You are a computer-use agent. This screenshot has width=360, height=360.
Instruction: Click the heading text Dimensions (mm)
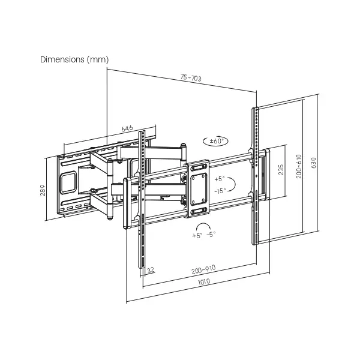74,59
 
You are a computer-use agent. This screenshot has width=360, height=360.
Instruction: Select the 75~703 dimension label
191,78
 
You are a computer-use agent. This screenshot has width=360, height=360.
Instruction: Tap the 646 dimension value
127,128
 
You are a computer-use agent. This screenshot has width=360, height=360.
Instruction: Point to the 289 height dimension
43,190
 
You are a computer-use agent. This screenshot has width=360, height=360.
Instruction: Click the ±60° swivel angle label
217,141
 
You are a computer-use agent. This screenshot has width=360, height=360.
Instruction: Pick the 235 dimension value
281,169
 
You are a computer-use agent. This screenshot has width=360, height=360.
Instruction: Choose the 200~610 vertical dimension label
299,166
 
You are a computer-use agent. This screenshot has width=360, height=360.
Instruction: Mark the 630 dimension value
313,163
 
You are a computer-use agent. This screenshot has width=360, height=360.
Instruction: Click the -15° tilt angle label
220,191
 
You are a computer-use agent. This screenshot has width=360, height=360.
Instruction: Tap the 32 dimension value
151,270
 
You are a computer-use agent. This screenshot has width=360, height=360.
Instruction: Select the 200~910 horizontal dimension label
203,269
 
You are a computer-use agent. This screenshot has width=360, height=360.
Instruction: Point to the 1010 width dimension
204,281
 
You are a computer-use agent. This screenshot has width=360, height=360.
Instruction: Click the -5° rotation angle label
211,234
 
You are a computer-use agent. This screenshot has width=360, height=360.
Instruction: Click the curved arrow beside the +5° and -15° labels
235,184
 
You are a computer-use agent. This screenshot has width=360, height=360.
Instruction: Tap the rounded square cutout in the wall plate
68,183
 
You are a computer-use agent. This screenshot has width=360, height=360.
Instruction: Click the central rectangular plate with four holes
199,189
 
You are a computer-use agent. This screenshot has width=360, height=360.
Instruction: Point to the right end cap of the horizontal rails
267,175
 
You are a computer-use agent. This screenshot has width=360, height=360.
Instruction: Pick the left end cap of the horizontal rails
127,203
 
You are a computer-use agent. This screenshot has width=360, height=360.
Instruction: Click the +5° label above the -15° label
220,179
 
